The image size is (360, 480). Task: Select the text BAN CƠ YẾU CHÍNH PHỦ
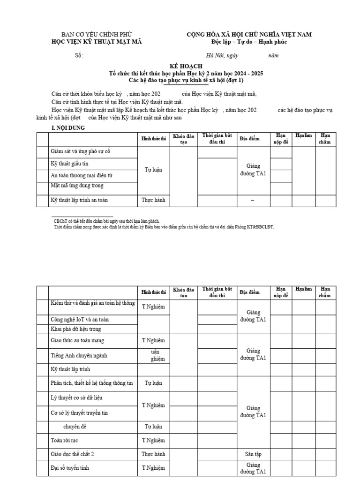(x=97, y=35)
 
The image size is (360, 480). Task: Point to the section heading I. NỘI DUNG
(x=68, y=128)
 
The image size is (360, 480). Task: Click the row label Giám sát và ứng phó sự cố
(x=81, y=152)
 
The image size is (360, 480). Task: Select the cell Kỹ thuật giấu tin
(x=69, y=164)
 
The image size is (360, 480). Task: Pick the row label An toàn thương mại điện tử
(x=82, y=175)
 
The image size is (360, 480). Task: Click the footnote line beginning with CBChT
(x=107, y=220)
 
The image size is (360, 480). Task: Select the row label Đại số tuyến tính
(x=70, y=468)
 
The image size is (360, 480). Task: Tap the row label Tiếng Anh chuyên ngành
(x=79, y=355)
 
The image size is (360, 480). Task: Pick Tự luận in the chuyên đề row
(x=154, y=427)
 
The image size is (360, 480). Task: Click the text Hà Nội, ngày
(x=219, y=56)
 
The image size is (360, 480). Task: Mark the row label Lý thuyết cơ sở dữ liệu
(x=76, y=397)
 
